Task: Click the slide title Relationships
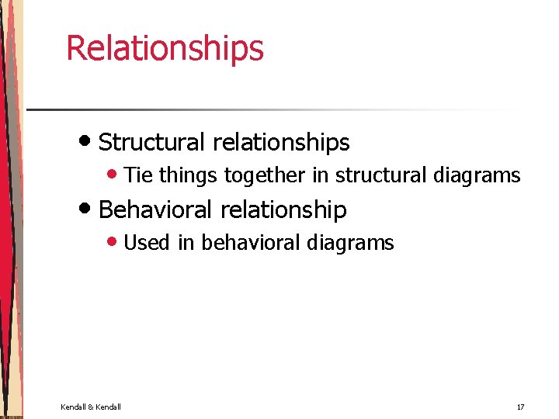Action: pyautogui.click(x=165, y=48)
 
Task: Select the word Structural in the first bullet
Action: pyautogui.click(x=152, y=143)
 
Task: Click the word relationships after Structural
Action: pyautogui.click(x=281, y=143)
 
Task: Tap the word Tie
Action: pyautogui.click(x=138, y=176)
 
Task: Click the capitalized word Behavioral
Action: pyautogui.click(x=155, y=209)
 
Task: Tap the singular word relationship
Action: pyautogui.click(x=283, y=210)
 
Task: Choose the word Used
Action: pyautogui.click(x=146, y=243)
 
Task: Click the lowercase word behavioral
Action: pyautogui.click(x=251, y=243)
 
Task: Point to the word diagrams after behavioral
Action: pyautogui.click(x=350, y=243)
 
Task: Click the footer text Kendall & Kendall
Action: pyautogui.click(x=91, y=407)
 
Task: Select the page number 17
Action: pyautogui.click(x=520, y=407)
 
